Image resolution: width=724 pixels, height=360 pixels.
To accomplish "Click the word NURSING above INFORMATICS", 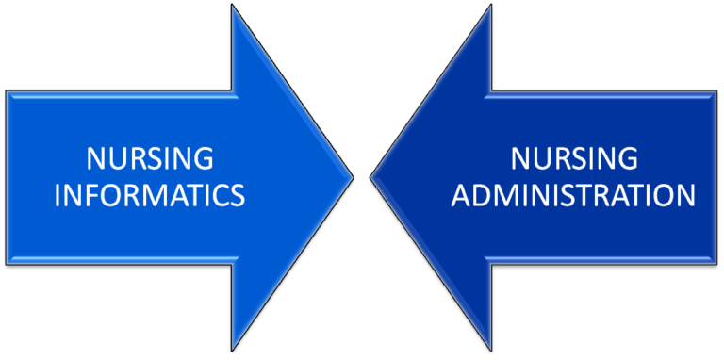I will (x=149, y=156).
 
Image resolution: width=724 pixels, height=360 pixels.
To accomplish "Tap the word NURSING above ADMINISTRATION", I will (x=574, y=156).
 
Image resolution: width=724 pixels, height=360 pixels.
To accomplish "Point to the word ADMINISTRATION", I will (x=574, y=195).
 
